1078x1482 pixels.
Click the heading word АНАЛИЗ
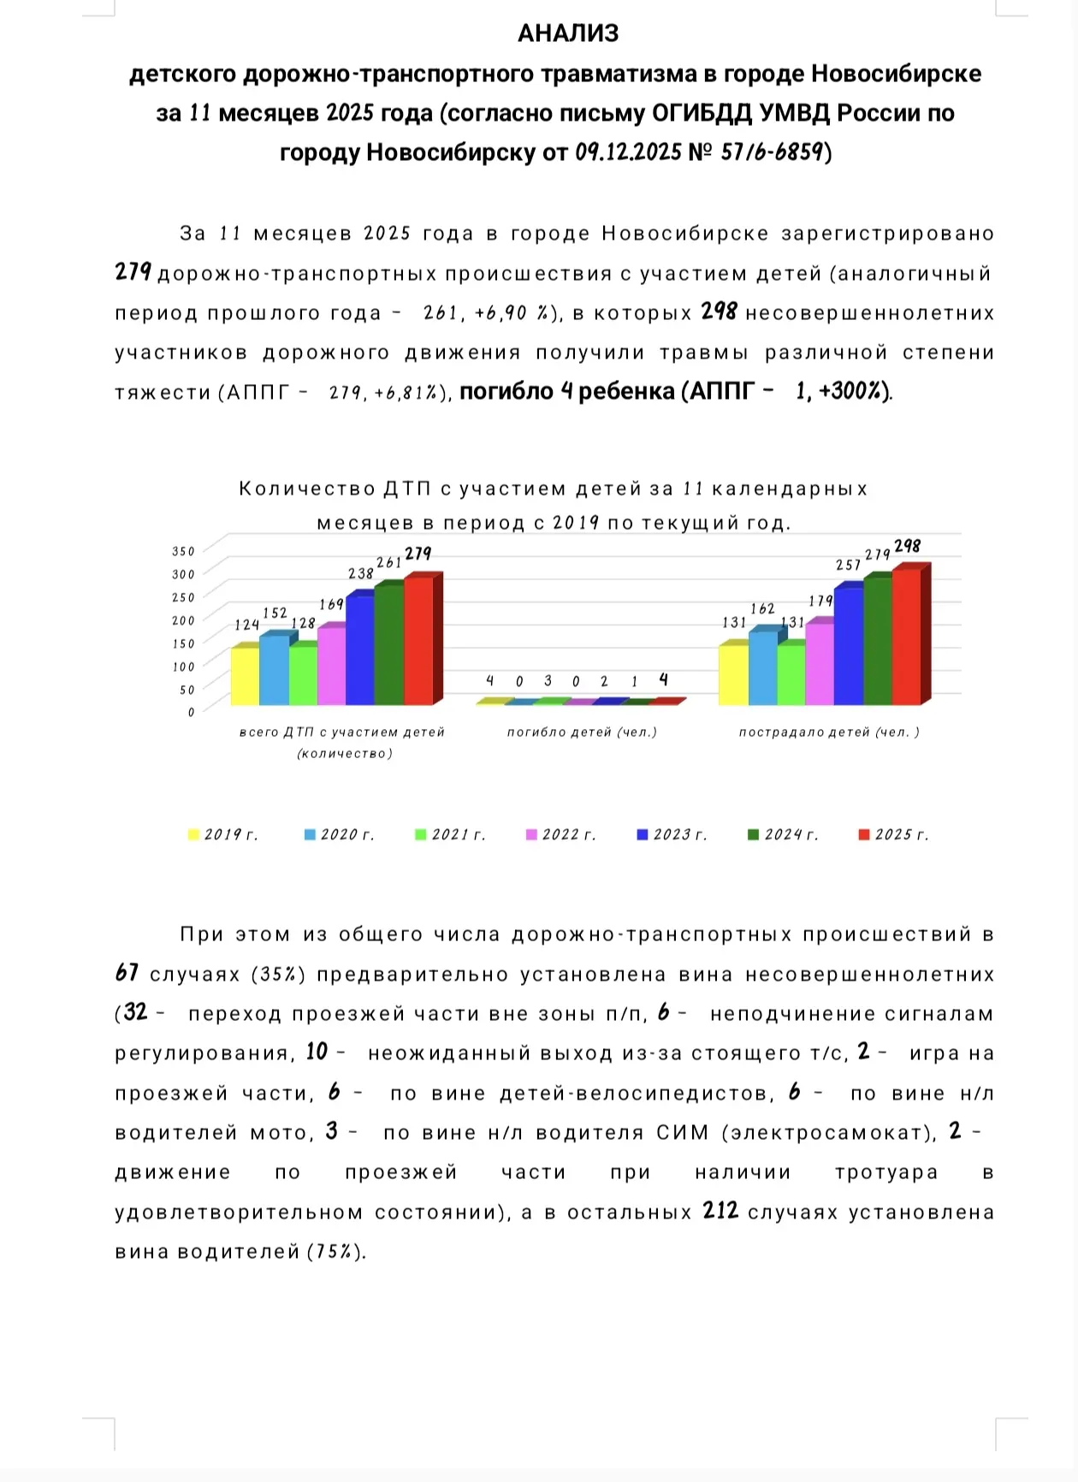coord(567,33)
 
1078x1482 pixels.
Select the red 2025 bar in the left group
coord(418,641)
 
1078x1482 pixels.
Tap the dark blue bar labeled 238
coord(360,649)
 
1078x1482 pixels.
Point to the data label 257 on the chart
coord(848,565)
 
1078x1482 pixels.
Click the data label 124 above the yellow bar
coord(246,625)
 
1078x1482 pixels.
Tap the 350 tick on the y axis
coord(183,551)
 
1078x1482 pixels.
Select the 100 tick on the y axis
coord(183,666)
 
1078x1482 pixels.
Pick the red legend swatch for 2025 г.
coord(864,834)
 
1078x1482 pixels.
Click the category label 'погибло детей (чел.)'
coord(582,732)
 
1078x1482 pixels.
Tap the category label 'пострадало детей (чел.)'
coord(829,732)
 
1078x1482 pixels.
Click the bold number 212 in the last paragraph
coord(720,1211)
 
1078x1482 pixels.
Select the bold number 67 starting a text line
coord(127,973)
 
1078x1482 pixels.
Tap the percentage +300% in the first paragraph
coord(852,392)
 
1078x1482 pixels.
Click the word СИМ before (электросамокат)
coord(682,1133)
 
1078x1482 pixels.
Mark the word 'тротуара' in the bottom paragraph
coord(886,1172)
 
